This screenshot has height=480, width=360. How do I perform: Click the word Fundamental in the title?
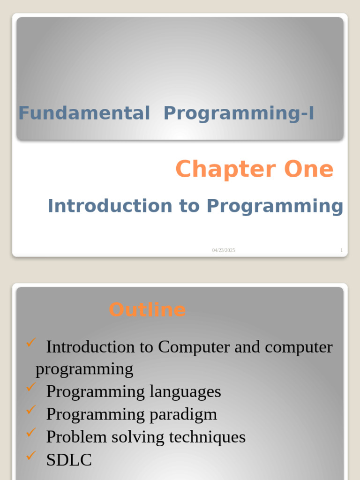[x=84, y=113]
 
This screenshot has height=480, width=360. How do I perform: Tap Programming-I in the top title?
[x=239, y=113]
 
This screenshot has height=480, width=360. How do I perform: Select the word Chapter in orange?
[x=225, y=169]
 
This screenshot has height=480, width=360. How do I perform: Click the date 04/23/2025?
[x=224, y=250]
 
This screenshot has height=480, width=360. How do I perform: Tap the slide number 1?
[x=341, y=250]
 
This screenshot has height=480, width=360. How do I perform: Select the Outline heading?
[x=147, y=310]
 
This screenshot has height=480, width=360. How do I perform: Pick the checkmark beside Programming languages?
[x=31, y=387]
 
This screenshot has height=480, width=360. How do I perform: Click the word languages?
[x=185, y=391]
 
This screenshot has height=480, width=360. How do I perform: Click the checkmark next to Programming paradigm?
[x=31, y=410]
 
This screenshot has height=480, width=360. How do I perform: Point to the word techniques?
[x=207, y=437]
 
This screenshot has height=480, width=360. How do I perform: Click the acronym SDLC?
[x=69, y=460]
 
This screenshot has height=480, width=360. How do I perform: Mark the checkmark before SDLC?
[x=31, y=455]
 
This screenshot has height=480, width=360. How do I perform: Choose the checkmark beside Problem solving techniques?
[x=31, y=433]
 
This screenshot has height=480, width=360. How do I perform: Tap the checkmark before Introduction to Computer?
[x=31, y=344]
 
